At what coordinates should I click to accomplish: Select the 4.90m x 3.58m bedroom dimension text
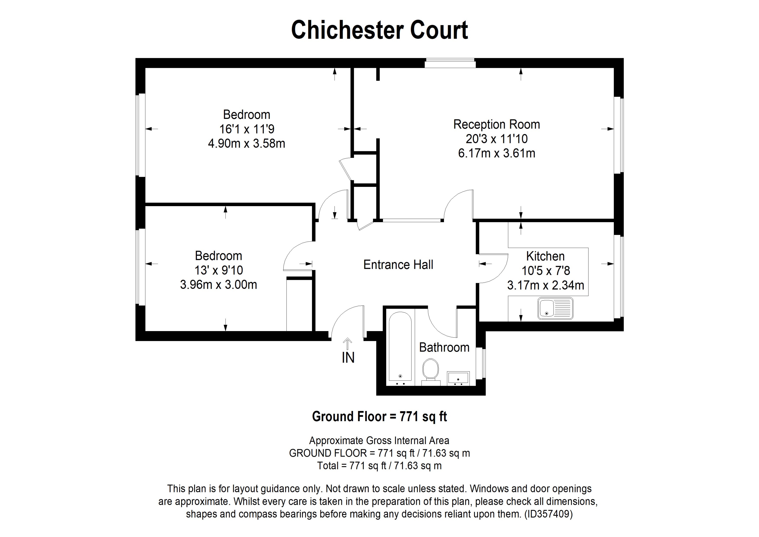point(246,143)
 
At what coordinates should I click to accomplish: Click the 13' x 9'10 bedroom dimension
point(219,270)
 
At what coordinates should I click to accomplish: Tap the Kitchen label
point(545,256)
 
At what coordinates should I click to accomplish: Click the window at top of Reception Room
point(450,63)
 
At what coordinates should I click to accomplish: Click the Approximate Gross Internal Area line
point(379,440)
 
